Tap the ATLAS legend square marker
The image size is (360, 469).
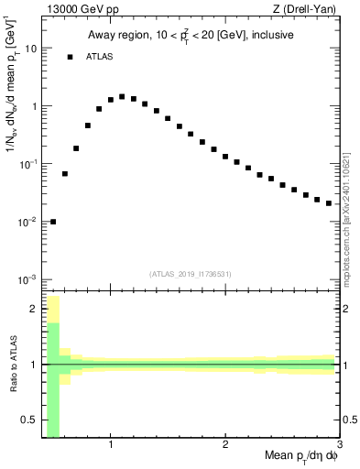(70, 57)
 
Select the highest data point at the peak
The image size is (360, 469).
(122, 96)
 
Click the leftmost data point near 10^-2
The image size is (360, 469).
(53, 221)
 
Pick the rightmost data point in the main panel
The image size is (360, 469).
(329, 202)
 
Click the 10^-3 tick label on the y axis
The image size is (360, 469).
(30, 279)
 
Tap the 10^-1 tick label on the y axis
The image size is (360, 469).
(30, 164)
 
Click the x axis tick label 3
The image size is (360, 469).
(338, 445)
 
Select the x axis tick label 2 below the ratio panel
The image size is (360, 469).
(225, 445)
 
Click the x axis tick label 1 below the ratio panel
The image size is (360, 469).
(111, 445)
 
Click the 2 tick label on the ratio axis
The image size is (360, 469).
(36, 309)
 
